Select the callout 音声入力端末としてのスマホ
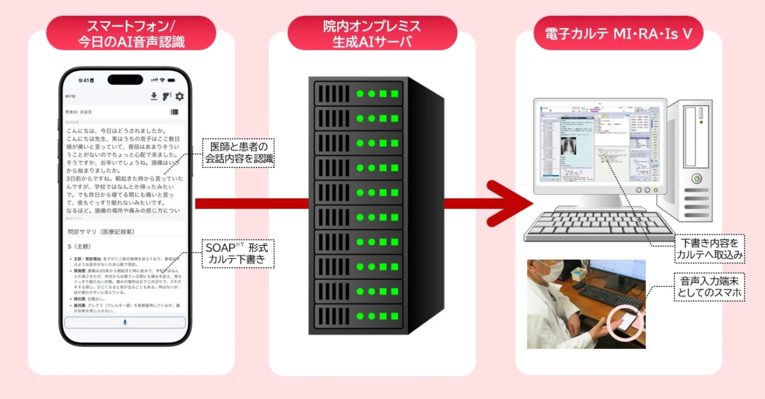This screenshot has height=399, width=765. (x=710, y=287)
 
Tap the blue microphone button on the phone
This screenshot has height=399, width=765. (x=125, y=323)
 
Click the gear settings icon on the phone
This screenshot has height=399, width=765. (x=179, y=97)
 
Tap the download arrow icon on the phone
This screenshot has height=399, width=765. (x=154, y=97)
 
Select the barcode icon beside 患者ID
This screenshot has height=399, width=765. (x=175, y=112)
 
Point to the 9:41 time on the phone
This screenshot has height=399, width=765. (x=84, y=81)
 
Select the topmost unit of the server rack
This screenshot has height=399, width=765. (x=358, y=94)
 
